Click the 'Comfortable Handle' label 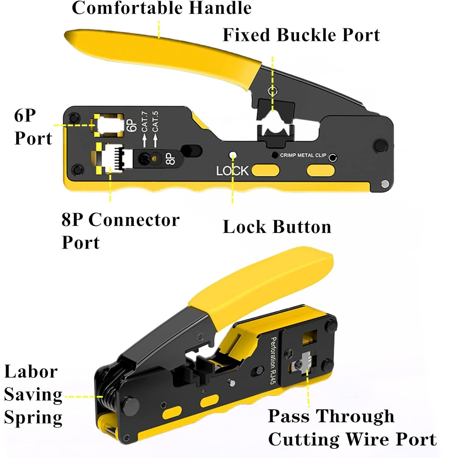tap(162, 8)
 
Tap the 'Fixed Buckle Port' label tap(301, 35)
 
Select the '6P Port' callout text tap(33, 127)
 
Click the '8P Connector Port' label tap(120, 231)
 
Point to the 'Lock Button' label tap(277, 227)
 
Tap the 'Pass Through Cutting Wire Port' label tap(352, 428)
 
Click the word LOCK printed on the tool tap(232, 171)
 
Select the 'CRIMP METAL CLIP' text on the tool tap(303, 155)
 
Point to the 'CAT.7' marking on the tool tap(144, 122)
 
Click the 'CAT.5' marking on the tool tap(155, 121)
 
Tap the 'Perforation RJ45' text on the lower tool tap(273, 360)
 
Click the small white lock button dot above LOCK tap(233, 155)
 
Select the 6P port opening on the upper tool tap(108, 125)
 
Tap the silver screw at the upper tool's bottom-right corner tap(385, 184)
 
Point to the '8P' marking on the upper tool tap(170, 159)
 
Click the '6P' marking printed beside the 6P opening tap(131, 125)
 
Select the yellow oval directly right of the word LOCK tap(265, 171)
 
